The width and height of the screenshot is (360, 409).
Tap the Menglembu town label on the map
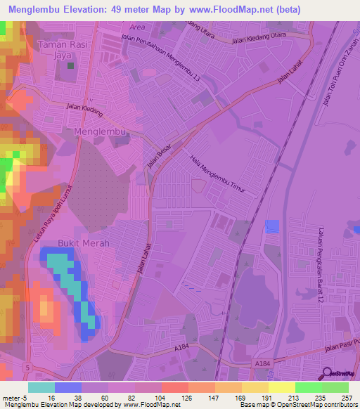tap(99, 131)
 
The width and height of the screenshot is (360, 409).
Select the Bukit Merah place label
tap(84, 242)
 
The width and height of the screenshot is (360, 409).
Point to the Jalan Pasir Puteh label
tap(340, 349)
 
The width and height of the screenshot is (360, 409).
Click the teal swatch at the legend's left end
tap(41, 387)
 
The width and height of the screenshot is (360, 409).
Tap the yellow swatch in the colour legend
tap(281, 387)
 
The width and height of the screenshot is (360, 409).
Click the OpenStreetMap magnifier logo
tap(325, 372)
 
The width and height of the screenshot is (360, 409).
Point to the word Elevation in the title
tap(84, 10)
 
